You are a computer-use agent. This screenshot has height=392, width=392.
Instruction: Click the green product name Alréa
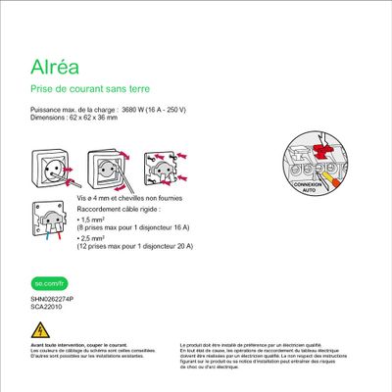pos(55,70)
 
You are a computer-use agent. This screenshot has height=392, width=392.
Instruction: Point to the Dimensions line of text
pos(73,118)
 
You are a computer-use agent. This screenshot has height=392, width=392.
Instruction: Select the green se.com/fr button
pos(46,283)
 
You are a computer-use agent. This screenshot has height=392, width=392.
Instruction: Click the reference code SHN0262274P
pos(51,298)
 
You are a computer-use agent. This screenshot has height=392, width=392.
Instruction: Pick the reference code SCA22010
pos(45,306)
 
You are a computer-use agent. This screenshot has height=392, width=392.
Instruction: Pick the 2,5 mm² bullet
pos(95,237)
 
